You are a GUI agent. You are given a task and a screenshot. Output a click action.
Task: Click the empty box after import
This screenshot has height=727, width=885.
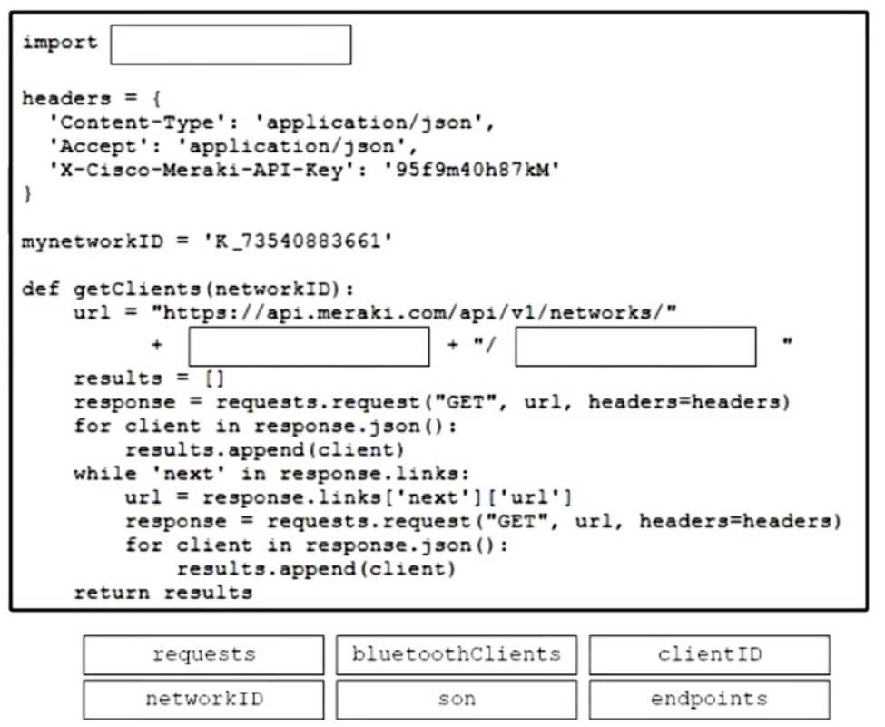pos(231,44)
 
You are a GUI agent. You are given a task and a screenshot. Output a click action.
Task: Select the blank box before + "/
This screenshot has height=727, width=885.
pos(309,347)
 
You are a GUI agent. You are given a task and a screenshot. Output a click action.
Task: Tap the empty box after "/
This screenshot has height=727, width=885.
pos(635,347)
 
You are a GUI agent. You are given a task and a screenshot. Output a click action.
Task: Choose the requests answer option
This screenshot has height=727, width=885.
pos(203,654)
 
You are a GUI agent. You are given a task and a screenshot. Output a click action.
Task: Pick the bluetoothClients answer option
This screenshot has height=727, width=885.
pos(457,654)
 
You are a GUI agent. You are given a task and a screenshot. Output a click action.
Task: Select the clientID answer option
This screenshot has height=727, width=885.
pos(710,654)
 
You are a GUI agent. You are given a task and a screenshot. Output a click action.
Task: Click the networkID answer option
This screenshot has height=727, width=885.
pos(203,700)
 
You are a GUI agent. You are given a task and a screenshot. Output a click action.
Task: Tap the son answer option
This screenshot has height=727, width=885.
pos(457,700)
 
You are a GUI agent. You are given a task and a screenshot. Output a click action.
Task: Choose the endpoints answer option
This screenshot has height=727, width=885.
pos(710,700)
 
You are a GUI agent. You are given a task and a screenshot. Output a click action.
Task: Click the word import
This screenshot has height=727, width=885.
pos(60,44)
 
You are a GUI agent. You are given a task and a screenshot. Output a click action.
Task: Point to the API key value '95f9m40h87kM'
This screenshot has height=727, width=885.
pos(472,170)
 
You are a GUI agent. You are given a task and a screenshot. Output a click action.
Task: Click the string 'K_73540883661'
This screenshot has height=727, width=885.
pos(298,241)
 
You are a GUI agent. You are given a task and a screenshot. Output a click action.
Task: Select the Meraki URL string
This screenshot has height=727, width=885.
pos(414,312)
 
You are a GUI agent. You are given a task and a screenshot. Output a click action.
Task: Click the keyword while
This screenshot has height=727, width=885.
pos(105,473)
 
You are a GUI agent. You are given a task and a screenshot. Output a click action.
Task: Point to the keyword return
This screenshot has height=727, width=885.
pos(112,593)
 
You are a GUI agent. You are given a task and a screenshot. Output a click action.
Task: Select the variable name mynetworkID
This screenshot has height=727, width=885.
pos(93,242)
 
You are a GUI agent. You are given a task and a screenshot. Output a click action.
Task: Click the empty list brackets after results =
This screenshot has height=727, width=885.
pos(214,378)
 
